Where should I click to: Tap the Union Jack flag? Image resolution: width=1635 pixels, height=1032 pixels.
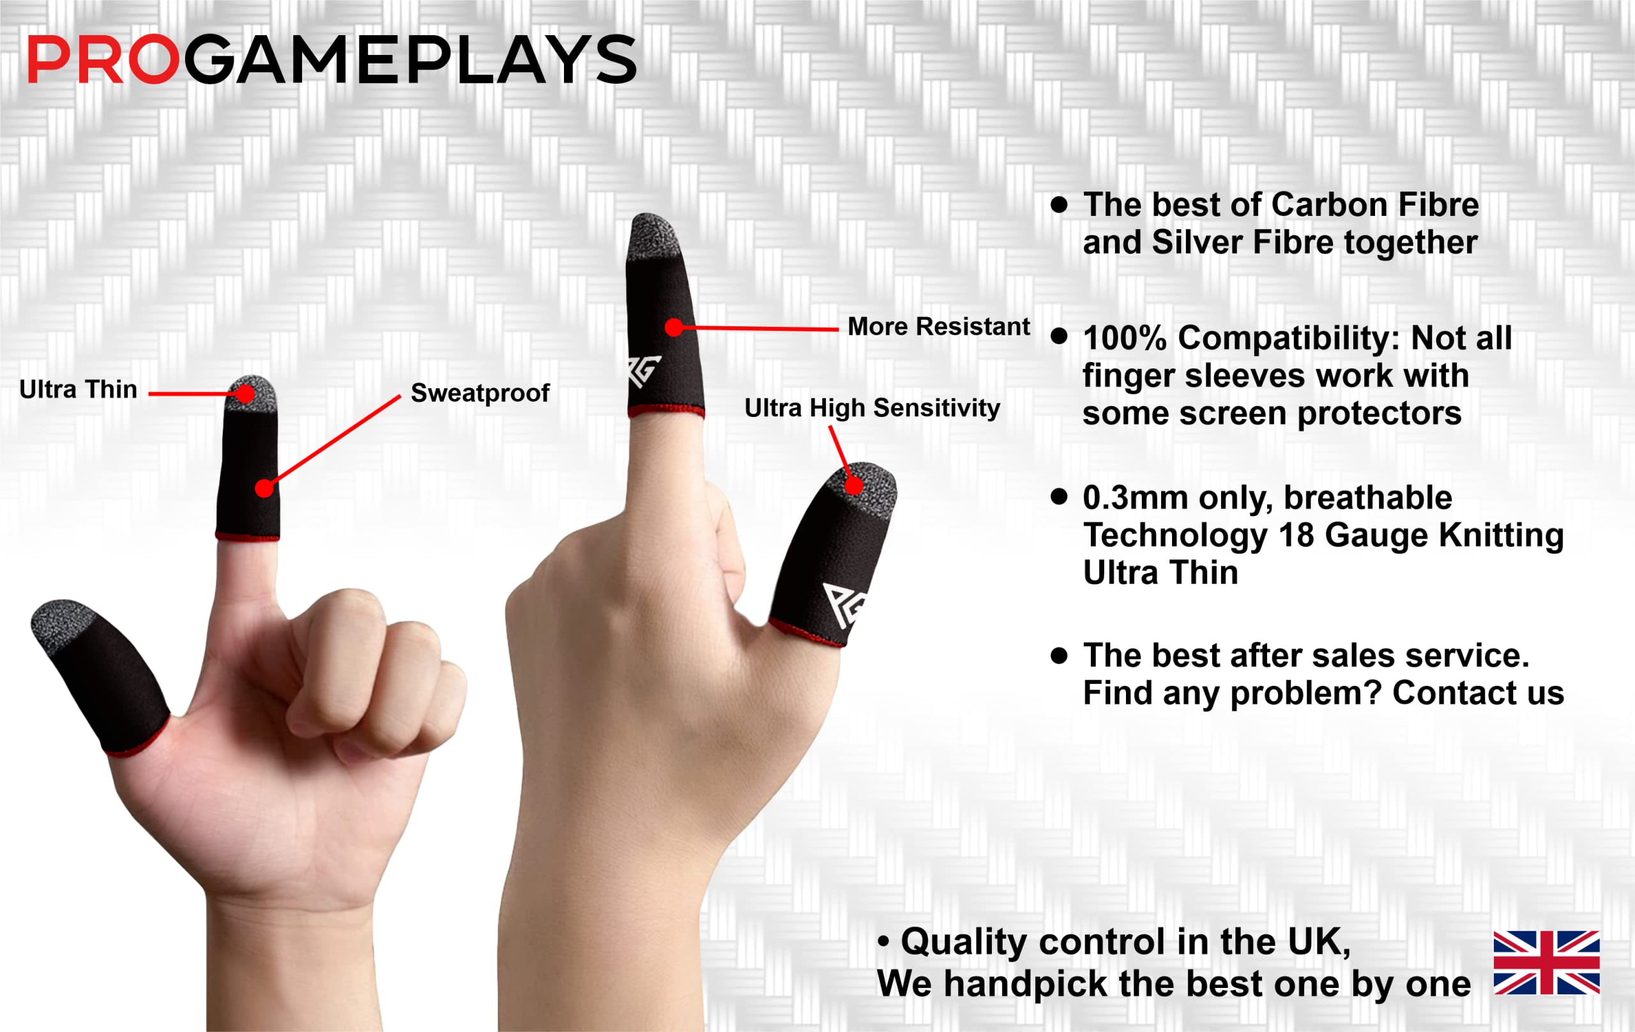coord(1546,963)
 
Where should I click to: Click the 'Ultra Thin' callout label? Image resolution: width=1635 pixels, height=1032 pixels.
coord(78,390)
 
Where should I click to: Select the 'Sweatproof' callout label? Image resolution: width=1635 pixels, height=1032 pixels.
coord(480,393)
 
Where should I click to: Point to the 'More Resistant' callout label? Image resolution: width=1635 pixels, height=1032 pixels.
coord(938,326)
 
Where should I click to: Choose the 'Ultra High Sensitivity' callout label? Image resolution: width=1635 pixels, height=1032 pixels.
coord(872,408)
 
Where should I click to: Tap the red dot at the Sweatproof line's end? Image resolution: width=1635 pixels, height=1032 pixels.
coord(264,487)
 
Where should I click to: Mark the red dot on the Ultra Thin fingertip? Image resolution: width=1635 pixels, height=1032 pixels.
coord(245,394)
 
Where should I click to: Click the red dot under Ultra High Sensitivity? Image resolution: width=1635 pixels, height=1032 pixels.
coord(853,485)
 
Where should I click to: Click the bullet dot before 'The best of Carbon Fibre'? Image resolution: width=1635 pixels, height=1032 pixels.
coord(1058,205)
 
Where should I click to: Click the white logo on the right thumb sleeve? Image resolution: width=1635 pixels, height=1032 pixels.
coord(842,604)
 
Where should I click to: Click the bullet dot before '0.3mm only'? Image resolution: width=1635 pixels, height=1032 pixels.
coord(1058,497)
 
